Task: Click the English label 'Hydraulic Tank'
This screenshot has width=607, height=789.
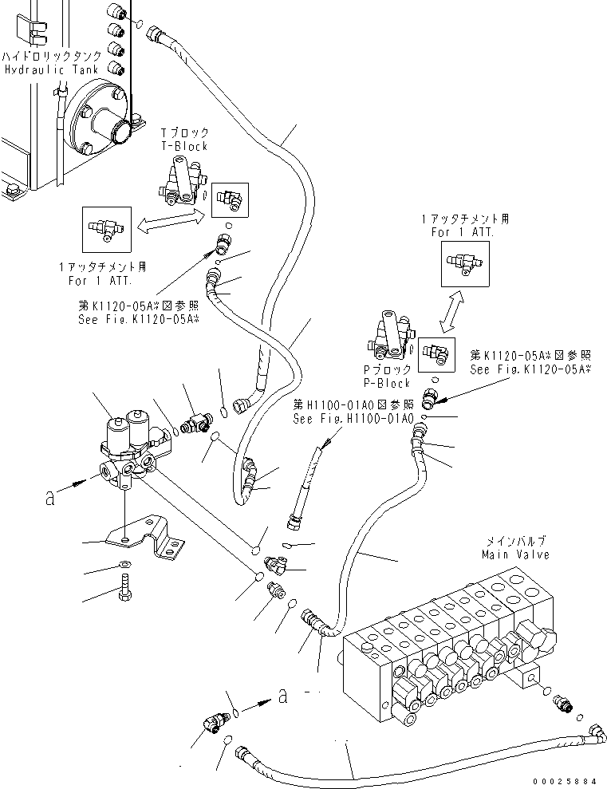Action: (52, 70)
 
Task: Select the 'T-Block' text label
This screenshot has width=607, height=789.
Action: (184, 147)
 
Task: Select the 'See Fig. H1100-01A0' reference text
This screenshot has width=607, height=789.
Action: (353, 419)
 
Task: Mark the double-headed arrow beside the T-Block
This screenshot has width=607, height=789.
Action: (168, 223)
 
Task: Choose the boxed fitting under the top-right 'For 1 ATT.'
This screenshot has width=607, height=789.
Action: (465, 262)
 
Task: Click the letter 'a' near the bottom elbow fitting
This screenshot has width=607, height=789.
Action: (282, 696)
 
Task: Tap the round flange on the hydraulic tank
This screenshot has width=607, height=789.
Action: (102, 121)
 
